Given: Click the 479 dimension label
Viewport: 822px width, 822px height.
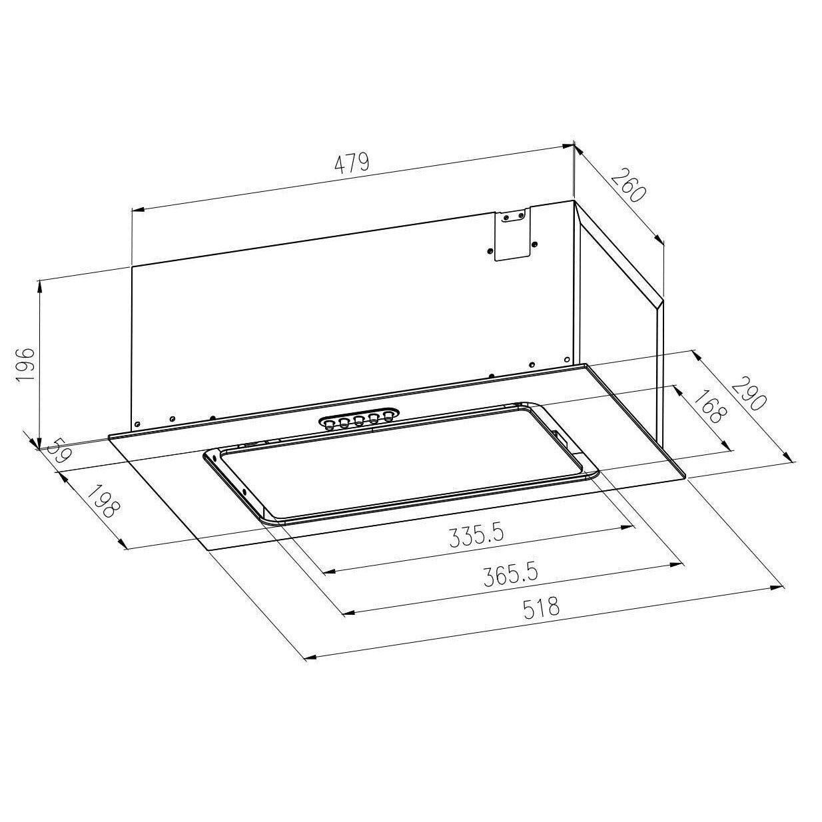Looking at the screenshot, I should coord(351,163).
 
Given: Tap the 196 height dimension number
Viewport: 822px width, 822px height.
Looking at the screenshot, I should coord(25,364).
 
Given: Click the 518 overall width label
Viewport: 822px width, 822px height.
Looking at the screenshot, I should coord(541,608).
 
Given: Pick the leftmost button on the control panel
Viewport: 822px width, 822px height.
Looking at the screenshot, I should coord(329,424).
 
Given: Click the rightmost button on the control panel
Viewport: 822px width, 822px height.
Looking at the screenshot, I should coord(388,416).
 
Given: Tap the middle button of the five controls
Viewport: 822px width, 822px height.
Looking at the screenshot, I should coord(359,420).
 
